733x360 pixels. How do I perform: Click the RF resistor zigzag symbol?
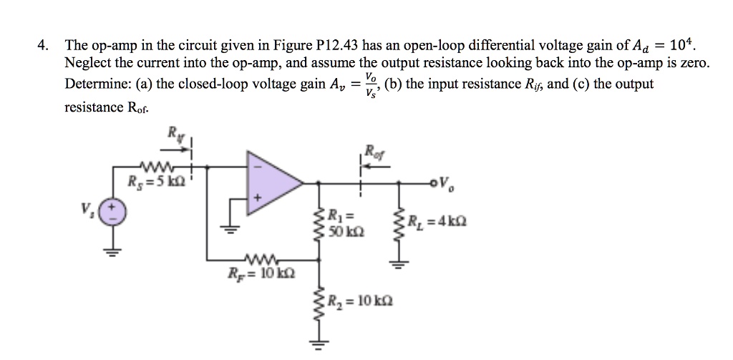[x=256, y=258]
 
